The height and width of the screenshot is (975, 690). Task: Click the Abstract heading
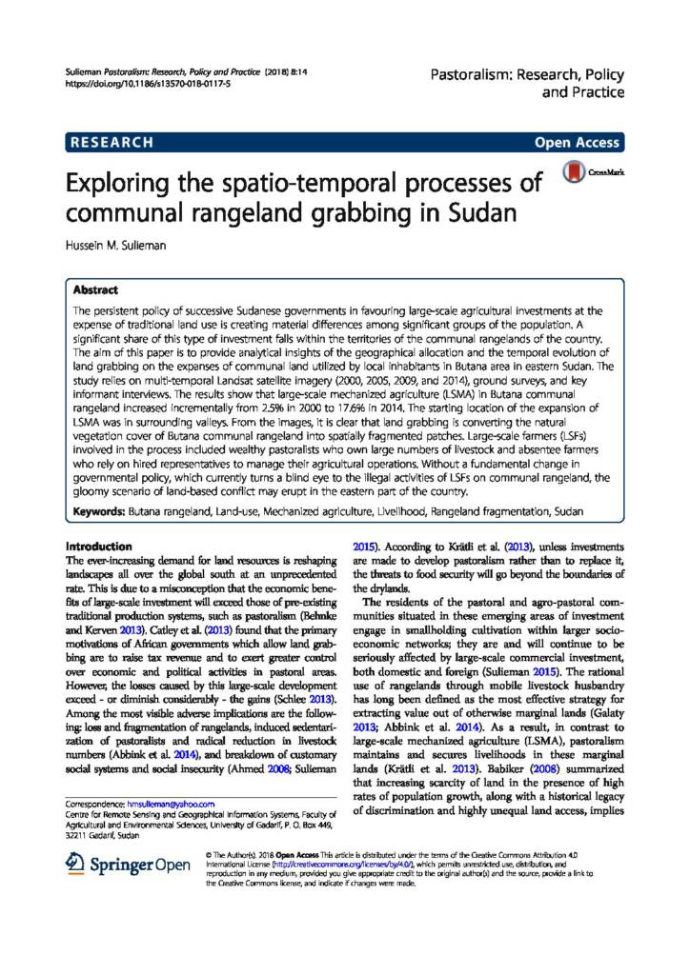[x=94, y=288]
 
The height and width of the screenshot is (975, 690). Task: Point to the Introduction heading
[x=98, y=547]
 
